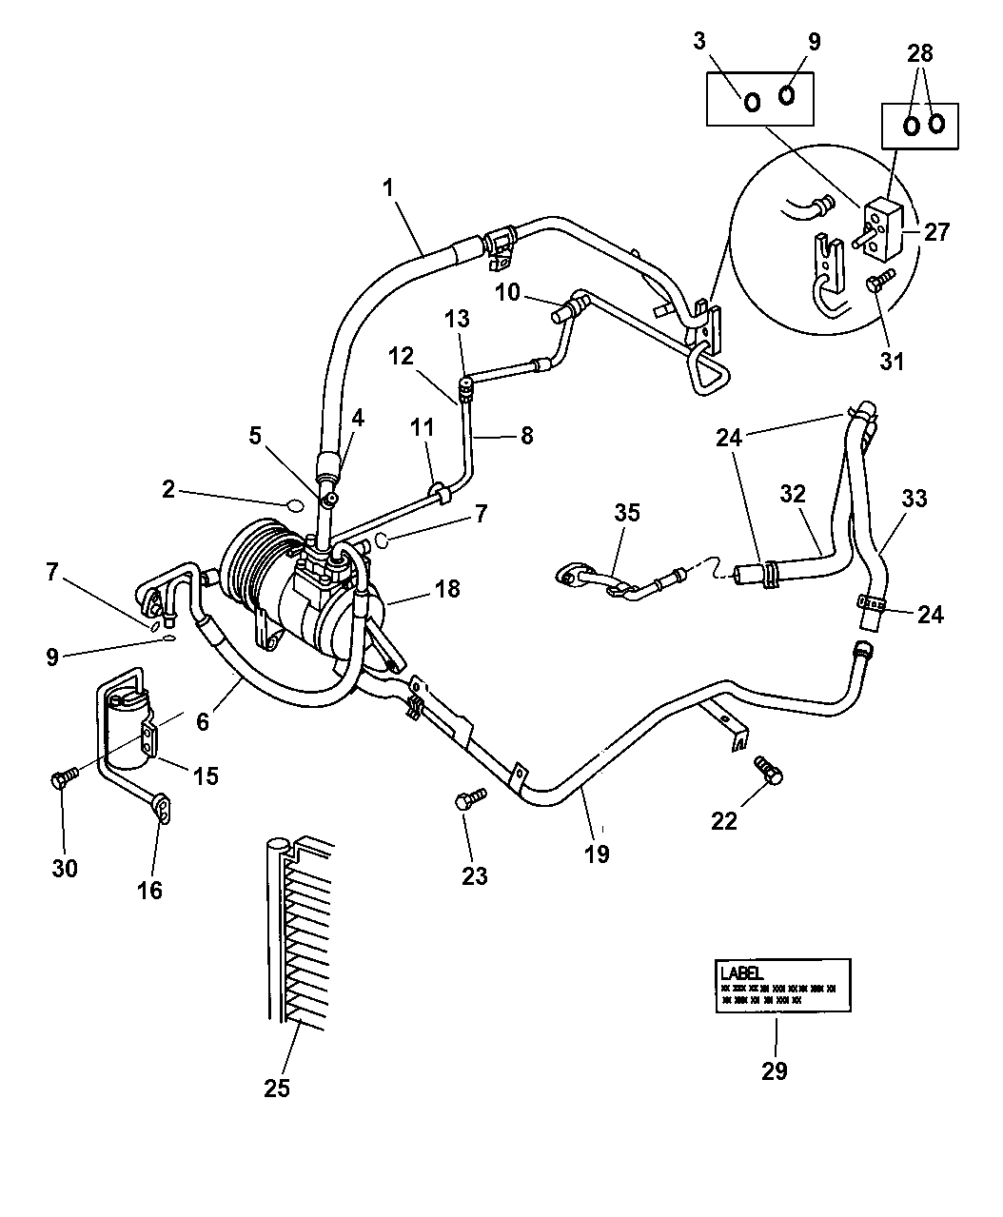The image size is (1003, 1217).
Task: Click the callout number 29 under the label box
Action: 775,1070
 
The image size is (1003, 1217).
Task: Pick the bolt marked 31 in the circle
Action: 879,281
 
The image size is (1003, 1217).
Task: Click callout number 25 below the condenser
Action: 277,1089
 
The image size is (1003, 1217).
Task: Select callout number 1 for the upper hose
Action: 387,189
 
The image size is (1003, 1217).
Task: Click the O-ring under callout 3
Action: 751,102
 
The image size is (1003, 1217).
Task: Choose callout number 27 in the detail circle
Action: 936,231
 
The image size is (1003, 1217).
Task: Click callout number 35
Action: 627,513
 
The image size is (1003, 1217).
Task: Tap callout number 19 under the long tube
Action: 596,854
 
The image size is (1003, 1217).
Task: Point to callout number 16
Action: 150,890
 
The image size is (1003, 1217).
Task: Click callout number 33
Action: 914,499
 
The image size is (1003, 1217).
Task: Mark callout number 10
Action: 507,291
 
